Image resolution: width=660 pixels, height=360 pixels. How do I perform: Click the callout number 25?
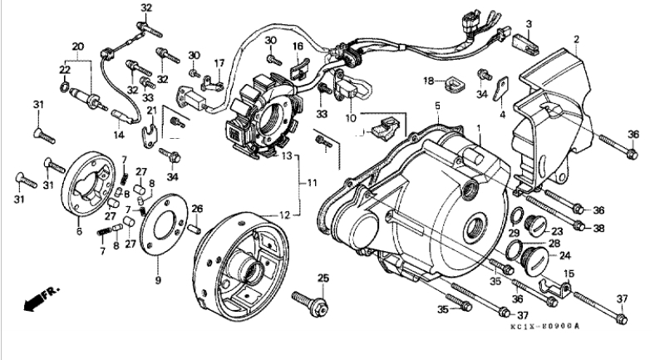tap(323, 277)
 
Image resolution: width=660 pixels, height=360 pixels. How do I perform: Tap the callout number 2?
tap(575, 39)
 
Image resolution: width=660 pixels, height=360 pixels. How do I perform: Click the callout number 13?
tap(285, 155)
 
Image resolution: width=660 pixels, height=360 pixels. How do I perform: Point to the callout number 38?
tap(599, 227)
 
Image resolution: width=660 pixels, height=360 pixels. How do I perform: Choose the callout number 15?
tap(570, 275)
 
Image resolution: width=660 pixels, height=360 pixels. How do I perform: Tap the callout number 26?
tap(198, 209)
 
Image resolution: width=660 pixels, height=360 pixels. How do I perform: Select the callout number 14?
tap(118, 134)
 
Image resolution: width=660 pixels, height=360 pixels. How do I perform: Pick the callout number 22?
tap(64, 69)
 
